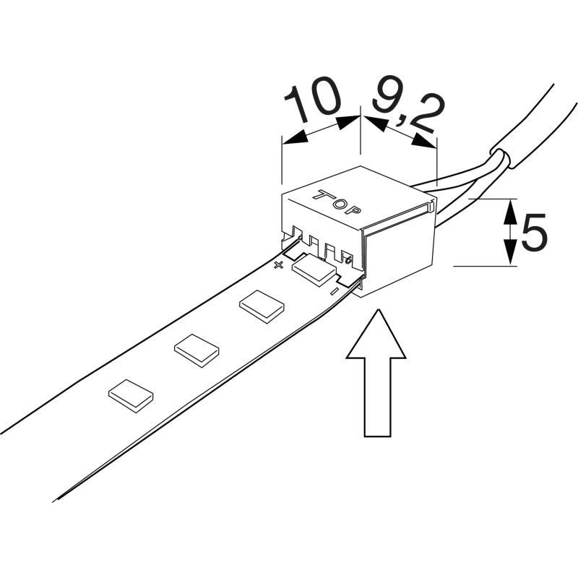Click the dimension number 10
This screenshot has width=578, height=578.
[312, 103]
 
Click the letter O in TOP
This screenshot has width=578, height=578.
[337, 202]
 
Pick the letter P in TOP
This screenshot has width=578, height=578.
[353, 211]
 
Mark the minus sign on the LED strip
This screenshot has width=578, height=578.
[334, 292]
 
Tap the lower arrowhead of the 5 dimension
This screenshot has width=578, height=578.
[509, 254]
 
